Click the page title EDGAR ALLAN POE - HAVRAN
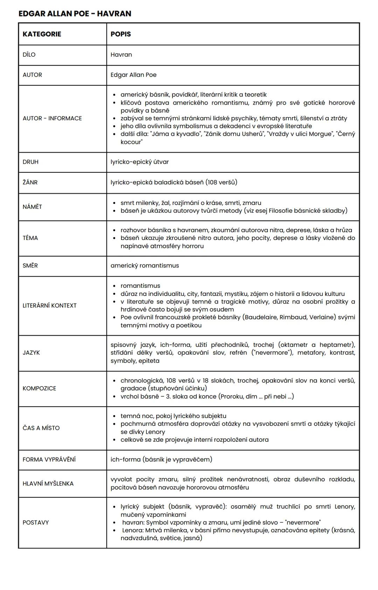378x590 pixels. click(x=75, y=14)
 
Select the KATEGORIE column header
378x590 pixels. click(x=42, y=34)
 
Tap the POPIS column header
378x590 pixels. click(x=121, y=34)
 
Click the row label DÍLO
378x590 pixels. click(x=29, y=55)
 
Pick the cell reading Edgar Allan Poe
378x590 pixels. click(x=133, y=75)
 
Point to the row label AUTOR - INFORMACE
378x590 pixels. click(x=52, y=118)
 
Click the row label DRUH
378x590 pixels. click(x=30, y=162)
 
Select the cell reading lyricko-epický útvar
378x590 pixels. click(x=140, y=162)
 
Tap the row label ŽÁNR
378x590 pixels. click(x=30, y=182)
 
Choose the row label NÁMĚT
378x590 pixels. click(x=32, y=207)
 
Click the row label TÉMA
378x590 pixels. click(x=30, y=238)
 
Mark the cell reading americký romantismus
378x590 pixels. click(x=145, y=265)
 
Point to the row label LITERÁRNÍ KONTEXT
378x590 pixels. click(x=49, y=305)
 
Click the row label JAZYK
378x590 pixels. click(x=31, y=353)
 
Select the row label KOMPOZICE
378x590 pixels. click(x=39, y=388)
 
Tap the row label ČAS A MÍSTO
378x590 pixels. click(x=41, y=428)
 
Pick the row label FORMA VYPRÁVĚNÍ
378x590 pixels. click(x=49, y=459)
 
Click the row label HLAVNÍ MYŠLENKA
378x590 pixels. click(x=48, y=483)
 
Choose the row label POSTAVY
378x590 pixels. click(x=36, y=522)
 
